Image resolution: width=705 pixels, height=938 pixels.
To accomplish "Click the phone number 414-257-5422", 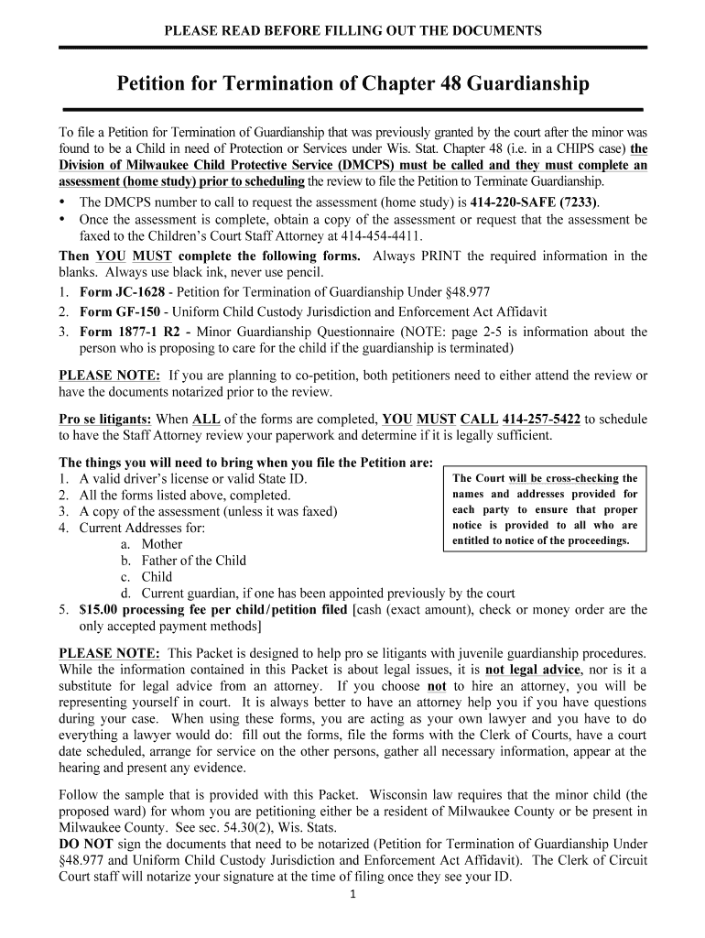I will pos(541,420).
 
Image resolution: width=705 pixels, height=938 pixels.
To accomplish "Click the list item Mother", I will pos(162,544).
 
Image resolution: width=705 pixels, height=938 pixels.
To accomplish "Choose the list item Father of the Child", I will pos(193,561).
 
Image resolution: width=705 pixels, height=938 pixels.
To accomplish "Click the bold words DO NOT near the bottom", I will pos(83,844).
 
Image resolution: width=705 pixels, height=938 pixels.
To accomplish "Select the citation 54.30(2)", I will pos(273,827).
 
